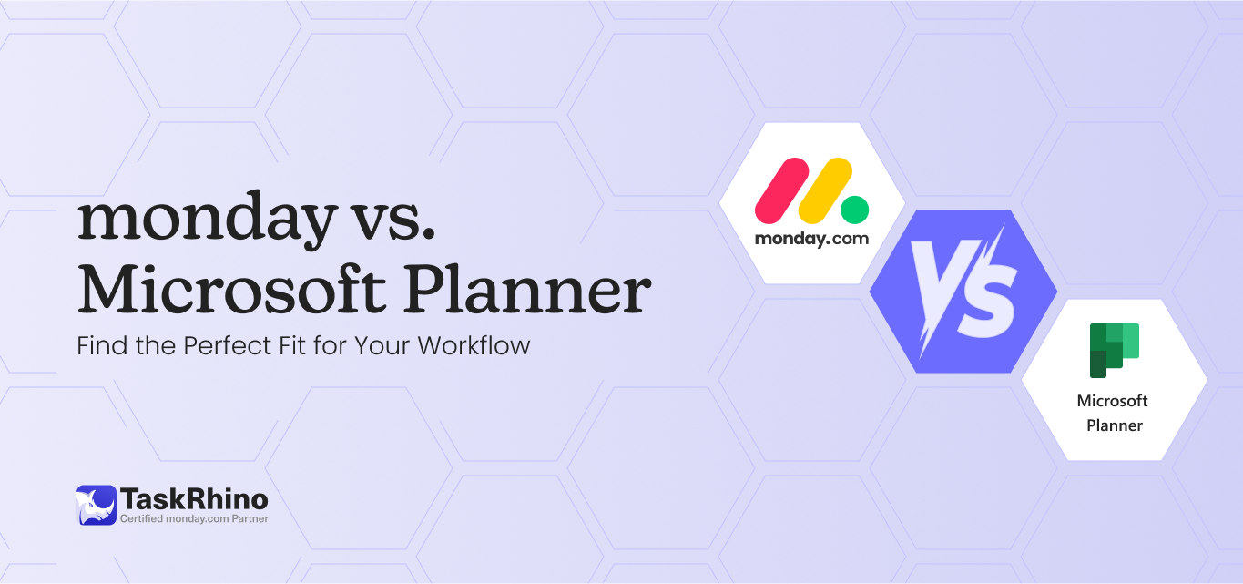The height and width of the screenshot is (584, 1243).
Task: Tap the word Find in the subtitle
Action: (99, 346)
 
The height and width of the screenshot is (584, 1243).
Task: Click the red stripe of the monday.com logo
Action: (782, 190)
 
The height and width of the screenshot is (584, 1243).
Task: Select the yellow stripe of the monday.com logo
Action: (824, 190)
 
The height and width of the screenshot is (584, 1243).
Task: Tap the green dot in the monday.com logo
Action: (854, 210)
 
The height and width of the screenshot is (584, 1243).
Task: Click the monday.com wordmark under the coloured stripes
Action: (811, 240)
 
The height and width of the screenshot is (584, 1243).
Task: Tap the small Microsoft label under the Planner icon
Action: (1112, 401)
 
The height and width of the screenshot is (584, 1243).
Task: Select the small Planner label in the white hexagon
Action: (1115, 425)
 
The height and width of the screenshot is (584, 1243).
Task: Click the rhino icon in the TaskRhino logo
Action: (96, 504)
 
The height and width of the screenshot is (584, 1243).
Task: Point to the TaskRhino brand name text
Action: (194, 498)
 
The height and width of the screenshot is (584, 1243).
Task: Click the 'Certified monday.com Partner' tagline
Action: (194, 519)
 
